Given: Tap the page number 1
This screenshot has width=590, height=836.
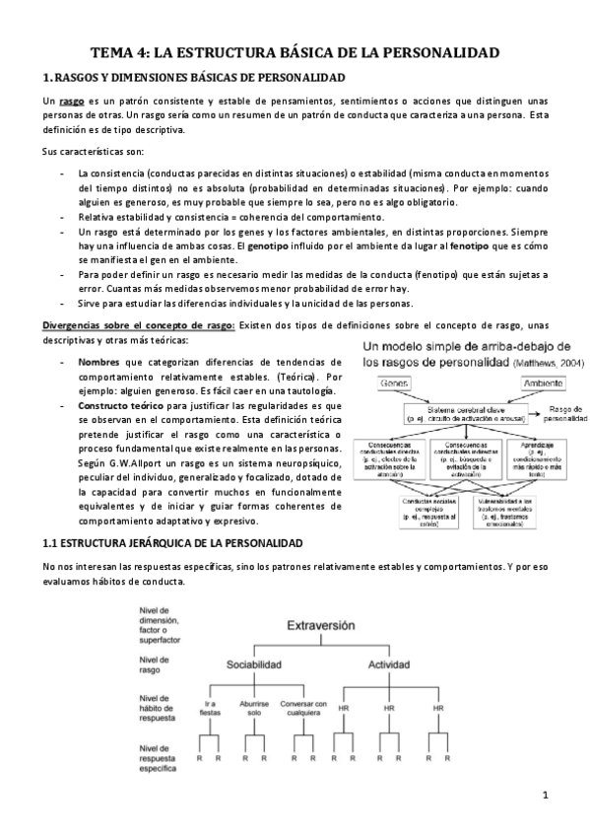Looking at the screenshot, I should pos(544,795).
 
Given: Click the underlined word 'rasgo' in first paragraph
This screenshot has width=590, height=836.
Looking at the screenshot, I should pos(72,103).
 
